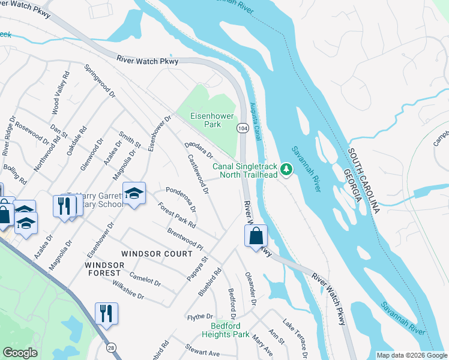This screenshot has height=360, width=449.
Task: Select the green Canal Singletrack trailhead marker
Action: (x=287, y=170)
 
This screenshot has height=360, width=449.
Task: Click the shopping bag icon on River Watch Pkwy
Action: (x=256, y=235)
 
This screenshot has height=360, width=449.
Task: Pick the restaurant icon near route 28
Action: (x=106, y=313)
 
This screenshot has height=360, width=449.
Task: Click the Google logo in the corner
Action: (x=20, y=353)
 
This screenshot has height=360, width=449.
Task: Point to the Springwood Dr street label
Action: (x=100, y=81)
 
